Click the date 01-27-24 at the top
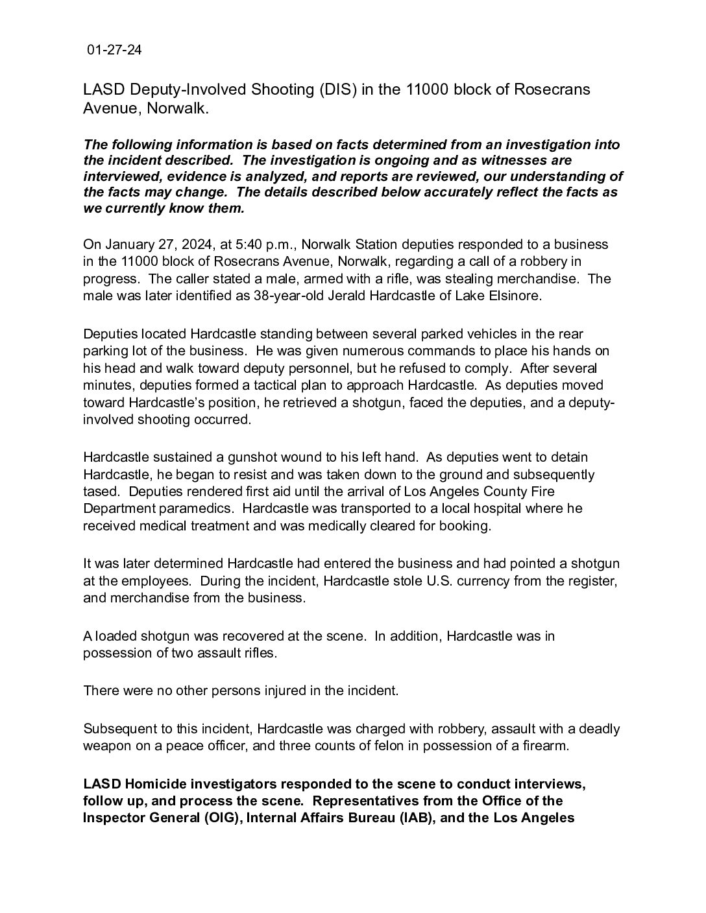(x=114, y=51)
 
